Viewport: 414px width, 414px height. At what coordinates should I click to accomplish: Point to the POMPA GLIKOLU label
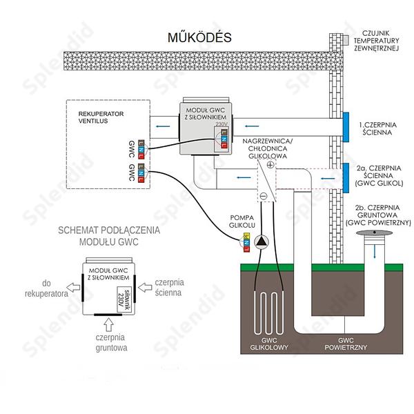click(x=242, y=221)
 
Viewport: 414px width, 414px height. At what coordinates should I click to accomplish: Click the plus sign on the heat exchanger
click(x=270, y=165)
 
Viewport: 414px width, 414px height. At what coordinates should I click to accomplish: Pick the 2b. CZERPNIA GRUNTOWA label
click(x=381, y=214)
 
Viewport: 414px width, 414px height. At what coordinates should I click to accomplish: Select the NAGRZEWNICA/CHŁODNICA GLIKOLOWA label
click(x=268, y=149)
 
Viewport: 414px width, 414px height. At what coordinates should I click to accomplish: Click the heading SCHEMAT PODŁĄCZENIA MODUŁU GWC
click(x=108, y=236)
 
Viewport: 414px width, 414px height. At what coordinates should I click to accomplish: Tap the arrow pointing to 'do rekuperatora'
click(x=72, y=288)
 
